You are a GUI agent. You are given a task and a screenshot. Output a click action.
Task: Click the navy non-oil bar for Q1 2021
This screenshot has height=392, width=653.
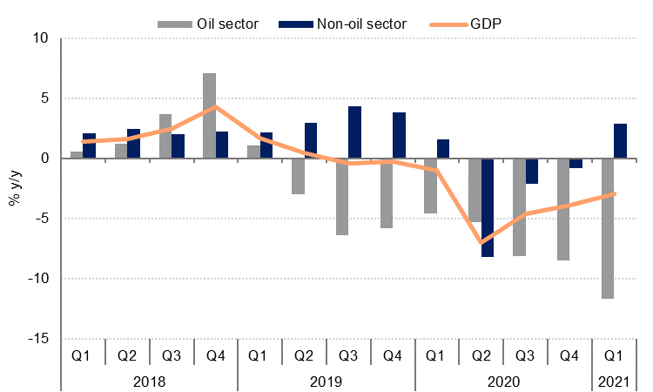(x=620, y=141)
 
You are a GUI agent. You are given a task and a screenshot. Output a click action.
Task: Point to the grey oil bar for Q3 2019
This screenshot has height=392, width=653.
(x=341, y=197)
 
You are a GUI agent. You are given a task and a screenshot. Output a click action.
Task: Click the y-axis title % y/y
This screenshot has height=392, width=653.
(x=15, y=188)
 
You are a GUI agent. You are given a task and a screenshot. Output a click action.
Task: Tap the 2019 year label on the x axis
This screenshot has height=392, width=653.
(x=326, y=381)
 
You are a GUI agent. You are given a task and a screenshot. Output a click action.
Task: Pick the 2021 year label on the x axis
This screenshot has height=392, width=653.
(x=613, y=381)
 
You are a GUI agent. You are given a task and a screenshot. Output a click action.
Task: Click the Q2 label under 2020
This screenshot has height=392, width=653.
(x=481, y=356)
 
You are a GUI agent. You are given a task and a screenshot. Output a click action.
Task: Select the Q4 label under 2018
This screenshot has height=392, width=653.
(x=215, y=356)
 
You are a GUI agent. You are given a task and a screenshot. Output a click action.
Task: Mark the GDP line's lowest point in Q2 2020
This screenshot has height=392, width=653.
(x=481, y=242)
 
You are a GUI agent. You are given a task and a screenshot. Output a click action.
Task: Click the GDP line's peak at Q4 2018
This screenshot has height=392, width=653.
(x=215, y=107)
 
